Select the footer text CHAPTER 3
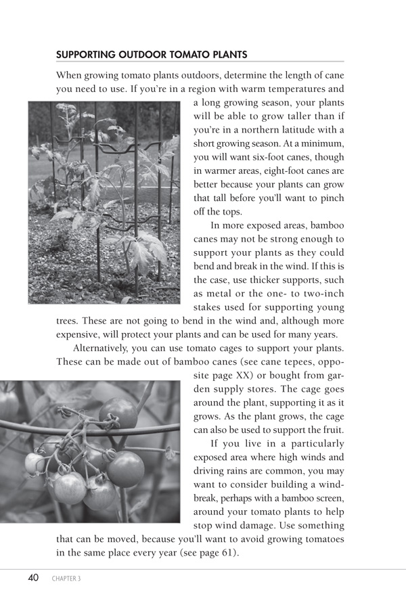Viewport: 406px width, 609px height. point(66,579)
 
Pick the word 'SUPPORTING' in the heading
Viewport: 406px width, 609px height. point(87,54)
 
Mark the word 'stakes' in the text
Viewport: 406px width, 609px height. point(210,307)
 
